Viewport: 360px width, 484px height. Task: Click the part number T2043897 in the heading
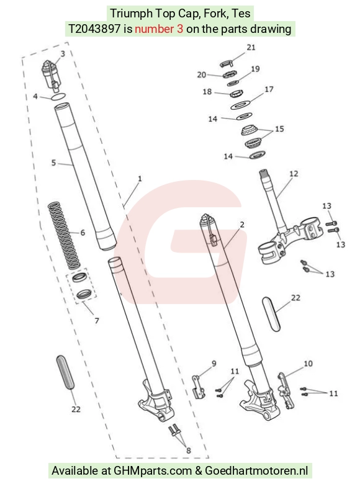(94, 29)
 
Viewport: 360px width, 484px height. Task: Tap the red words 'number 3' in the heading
(159, 29)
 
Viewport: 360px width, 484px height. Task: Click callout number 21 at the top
(251, 47)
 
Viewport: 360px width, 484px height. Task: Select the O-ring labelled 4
(58, 97)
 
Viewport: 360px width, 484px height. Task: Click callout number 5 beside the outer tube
(54, 163)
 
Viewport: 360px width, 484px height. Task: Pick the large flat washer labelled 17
(241, 104)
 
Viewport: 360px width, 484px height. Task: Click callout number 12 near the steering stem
(294, 174)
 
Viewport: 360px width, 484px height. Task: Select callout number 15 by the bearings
(279, 128)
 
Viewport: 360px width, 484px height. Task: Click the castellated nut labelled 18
(236, 93)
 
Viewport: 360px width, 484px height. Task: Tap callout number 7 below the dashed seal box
(97, 321)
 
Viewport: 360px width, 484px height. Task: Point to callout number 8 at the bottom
(188, 450)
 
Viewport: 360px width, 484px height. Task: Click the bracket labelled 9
(198, 387)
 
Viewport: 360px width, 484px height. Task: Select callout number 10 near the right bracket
(308, 364)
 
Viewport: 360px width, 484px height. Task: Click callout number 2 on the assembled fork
(242, 225)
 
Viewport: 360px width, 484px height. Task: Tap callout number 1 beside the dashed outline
(140, 179)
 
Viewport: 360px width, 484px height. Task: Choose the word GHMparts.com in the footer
(153, 471)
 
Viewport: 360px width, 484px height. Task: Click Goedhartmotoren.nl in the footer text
(256, 471)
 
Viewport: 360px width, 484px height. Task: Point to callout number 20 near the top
(202, 74)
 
